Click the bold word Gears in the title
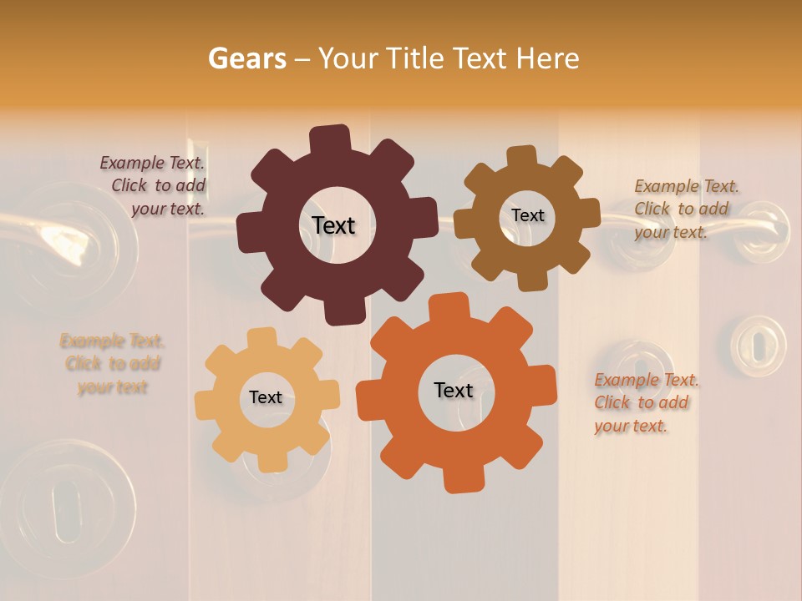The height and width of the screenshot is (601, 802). (x=246, y=58)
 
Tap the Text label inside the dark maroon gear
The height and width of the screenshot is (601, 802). (x=333, y=225)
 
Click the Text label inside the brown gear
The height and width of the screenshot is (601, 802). (x=527, y=215)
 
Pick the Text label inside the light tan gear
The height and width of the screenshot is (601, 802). (x=266, y=397)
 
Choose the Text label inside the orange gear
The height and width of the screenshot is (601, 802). (x=454, y=390)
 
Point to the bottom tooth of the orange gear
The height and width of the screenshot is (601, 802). (x=462, y=479)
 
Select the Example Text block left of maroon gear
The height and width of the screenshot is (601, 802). (x=154, y=185)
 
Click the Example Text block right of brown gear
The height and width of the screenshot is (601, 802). (x=685, y=209)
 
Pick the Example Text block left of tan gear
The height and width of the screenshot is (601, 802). (x=112, y=364)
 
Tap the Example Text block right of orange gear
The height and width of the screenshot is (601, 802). (x=645, y=402)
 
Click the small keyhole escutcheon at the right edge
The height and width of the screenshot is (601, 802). (x=758, y=345)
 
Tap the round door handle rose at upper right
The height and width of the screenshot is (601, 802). (x=762, y=230)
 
